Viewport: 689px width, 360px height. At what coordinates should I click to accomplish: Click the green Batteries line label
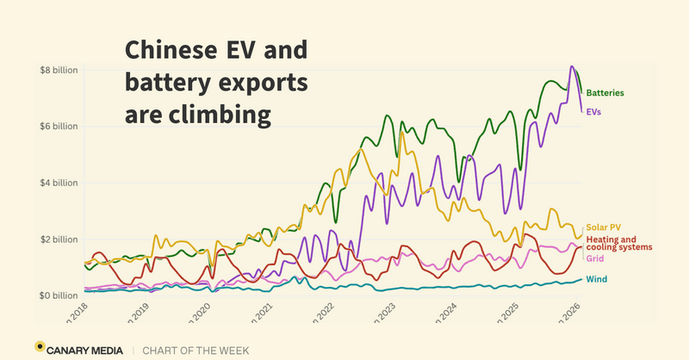(605, 92)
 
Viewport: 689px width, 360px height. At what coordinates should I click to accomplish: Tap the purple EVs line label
(593, 111)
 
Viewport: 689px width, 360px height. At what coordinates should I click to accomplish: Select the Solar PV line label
(601, 228)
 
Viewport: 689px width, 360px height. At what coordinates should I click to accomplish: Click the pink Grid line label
(594, 258)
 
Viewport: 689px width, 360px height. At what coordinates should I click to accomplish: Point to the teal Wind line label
(595, 279)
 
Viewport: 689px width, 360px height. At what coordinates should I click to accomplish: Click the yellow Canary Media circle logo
(40, 347)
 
